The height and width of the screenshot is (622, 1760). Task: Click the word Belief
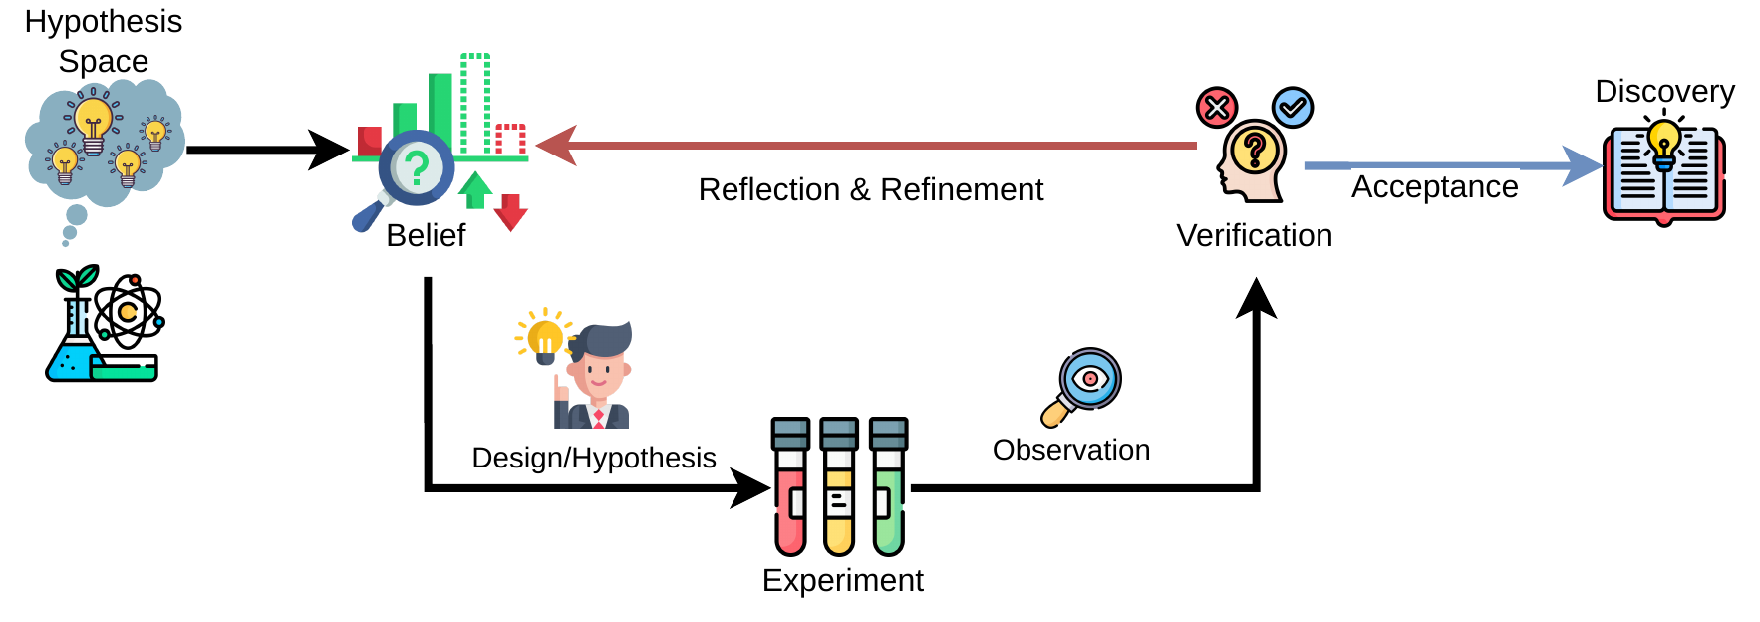pos(426,235)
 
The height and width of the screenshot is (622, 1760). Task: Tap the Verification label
pos(1254,235)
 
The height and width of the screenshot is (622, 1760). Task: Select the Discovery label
pos(1664,91)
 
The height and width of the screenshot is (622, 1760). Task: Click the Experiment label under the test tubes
pos(842,580)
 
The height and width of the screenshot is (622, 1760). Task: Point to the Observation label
pos(1071,450)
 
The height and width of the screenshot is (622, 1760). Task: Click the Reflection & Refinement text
pos(871,189)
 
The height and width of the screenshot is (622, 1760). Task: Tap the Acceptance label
pos(1434,186)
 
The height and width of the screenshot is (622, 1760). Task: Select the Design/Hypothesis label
pos(594,458)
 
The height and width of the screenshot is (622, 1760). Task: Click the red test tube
pos(790,486)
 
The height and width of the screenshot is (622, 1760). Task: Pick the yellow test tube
pos(839,486)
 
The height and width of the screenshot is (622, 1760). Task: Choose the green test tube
pos(888,486)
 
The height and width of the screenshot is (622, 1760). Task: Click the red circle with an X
pos(1217,107)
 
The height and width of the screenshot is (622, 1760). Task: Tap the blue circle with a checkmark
pos(1293,107)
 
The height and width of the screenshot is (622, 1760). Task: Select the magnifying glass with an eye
pos(1082,388)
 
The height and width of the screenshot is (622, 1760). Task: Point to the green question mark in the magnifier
pos(418,168)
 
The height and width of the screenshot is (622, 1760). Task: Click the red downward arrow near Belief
pos(510,212)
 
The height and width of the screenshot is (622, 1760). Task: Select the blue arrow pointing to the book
pos(1453,166)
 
